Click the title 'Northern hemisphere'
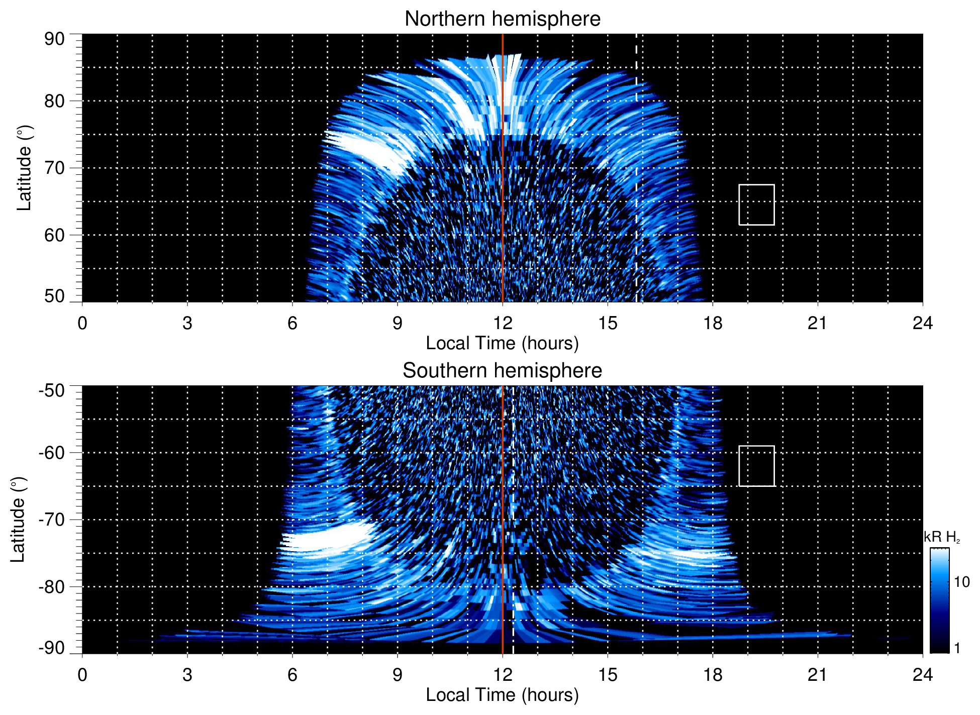(502, 19)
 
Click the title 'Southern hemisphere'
(502, 371)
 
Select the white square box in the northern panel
(756, 205)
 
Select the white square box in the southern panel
(756, 466)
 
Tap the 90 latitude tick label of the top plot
(55, 39)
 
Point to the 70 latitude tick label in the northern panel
(55, 168)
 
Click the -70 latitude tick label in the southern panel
(52, 520)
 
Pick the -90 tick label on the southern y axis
(52, 648)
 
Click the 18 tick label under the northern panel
(713, 323)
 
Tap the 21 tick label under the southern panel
(818, 675)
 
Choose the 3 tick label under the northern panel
(187, 323)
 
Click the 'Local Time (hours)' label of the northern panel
(502, 343)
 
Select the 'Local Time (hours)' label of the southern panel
(502, 695)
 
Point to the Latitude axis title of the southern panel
(18, 520)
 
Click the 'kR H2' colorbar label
(942, 537)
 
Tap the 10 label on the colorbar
(961, 582)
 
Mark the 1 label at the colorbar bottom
(957, 648)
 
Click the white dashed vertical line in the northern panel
(636, 151)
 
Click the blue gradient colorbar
(939, 600)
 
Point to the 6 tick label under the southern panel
(292, 675)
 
